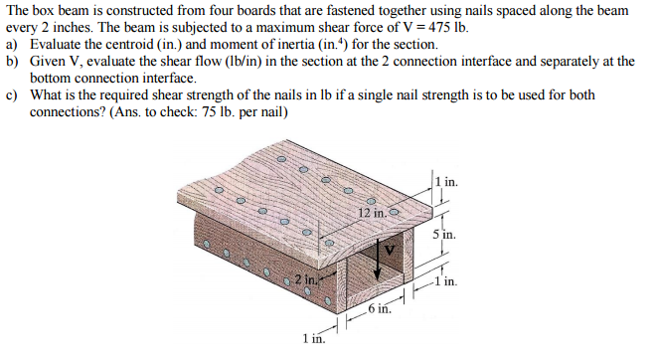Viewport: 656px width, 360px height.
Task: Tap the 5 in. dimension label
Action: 445,236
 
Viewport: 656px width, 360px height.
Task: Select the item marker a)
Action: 13,45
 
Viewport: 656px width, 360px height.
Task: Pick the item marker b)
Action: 13,61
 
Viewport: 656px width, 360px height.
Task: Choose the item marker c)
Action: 13,94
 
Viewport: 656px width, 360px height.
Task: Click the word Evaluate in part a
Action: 59,45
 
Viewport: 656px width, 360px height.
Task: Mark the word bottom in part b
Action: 52,78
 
